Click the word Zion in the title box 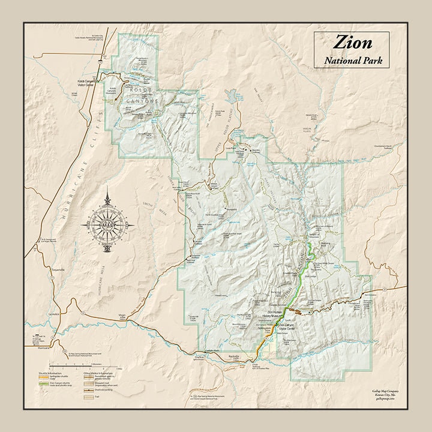pyautogui.click(x=353, y=43)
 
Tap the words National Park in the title pyautogui.click(x=353, y=60)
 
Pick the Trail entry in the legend pyautogui.click(x=96, y=396)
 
